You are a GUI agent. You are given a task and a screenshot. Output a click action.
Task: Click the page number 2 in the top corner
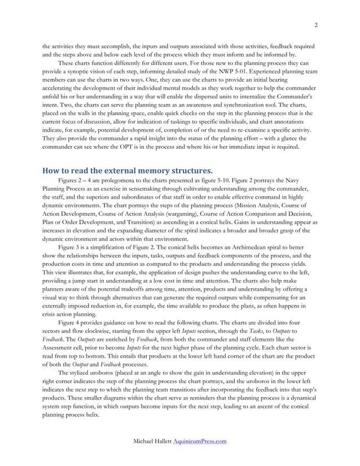tap(315, 24)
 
